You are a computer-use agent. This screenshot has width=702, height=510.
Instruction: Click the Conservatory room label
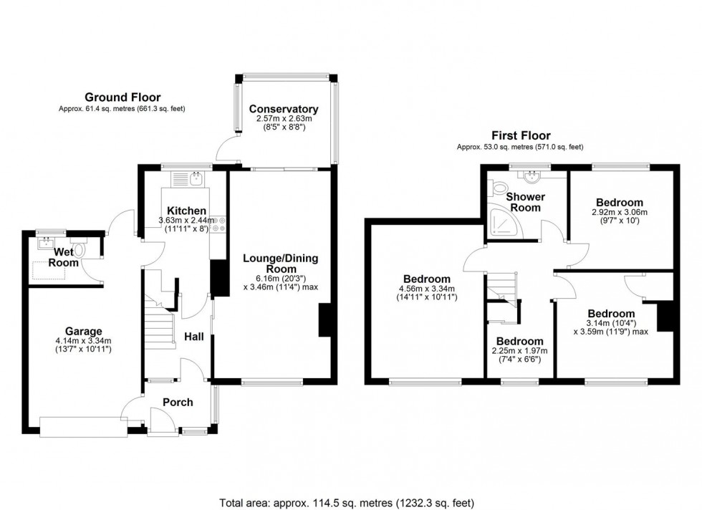(x=284, y=110)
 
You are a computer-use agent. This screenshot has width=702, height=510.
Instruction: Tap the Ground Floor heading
(x=122, y=97)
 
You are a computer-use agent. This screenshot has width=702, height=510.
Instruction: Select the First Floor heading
(x=520, y=135)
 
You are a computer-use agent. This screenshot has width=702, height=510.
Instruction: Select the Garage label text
(x=84, y=331)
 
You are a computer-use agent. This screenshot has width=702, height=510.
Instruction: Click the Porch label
(x=178, y=403)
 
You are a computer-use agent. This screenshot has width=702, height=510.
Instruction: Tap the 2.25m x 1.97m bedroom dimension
(x=519, y=351)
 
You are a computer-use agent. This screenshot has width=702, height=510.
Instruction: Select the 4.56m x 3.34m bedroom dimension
(x=426, y=289)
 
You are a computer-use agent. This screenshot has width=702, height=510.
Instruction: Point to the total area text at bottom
(x=350, y=502)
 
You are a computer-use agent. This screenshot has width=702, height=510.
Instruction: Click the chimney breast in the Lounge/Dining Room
(x=324, y=320)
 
